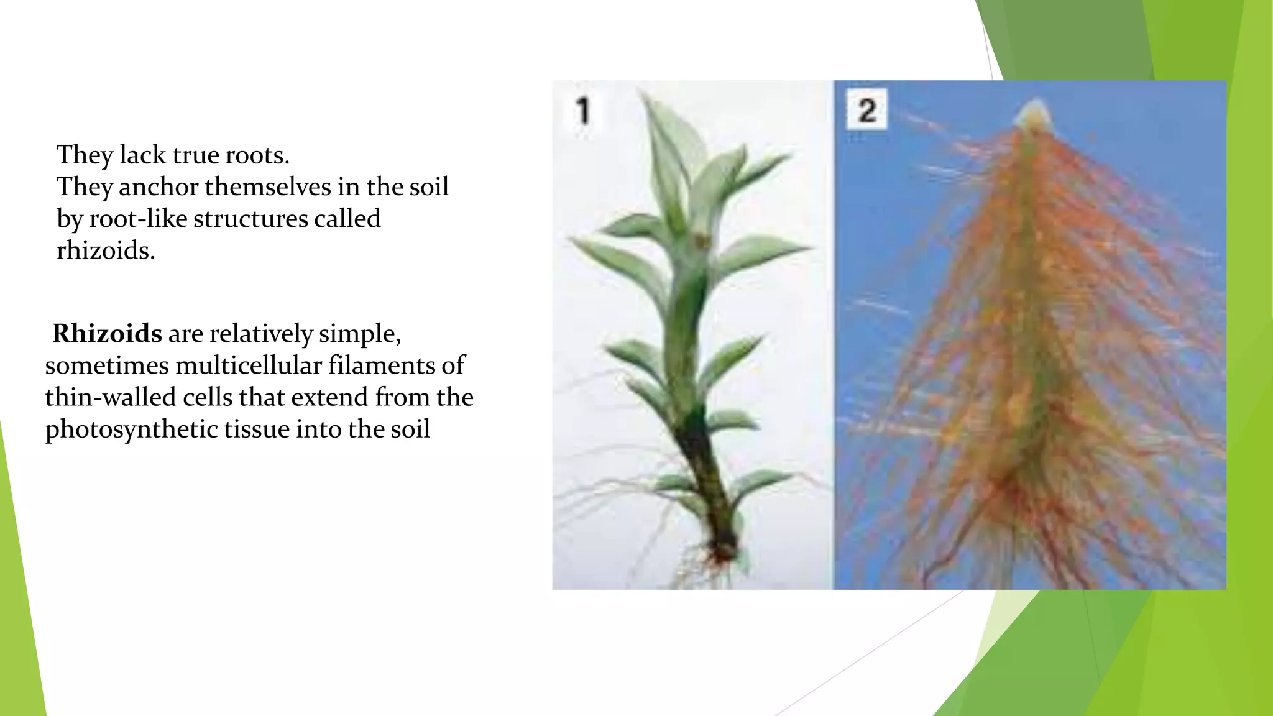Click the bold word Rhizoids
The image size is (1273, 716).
point(107,334)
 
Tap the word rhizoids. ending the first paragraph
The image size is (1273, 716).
point(106,250)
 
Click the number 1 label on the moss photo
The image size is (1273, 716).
point(582,111)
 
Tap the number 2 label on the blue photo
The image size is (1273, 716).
point(866,111)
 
